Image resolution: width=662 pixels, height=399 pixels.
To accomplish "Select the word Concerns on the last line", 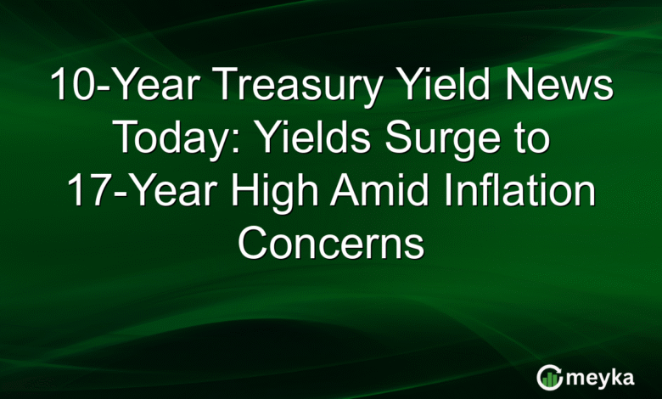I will [x=330, y=244].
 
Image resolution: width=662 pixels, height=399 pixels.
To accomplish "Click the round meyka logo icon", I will [x=549, y=376].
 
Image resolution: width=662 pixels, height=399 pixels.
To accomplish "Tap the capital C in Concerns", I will [x=252, y=244].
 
